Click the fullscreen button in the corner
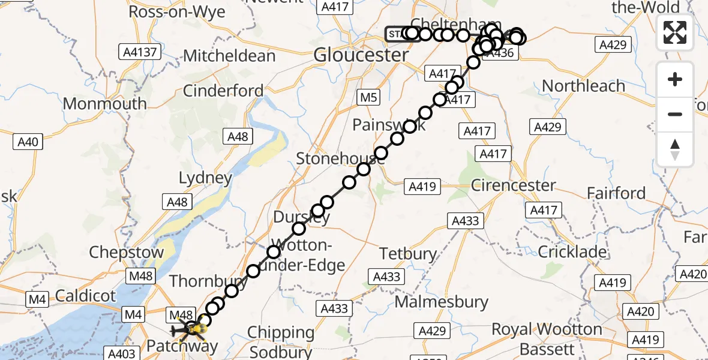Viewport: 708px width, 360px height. pyautogui.click(x=675, y=32)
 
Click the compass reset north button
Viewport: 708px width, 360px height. pyautogui.click(x=675, y=149)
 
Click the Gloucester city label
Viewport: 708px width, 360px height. pyautogui.click(x=361, y=56)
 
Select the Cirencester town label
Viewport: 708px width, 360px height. pyautogui.click(x=514, y=185)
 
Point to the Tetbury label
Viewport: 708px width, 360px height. pyautogui.click(x=409, y=254)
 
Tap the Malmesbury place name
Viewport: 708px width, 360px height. pyautogui.click(x=442, y=301)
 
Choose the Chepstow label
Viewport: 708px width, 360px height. pyautogui.click(x=126, y=253)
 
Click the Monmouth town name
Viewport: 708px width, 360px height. pyautogui.click(x=104, y=104)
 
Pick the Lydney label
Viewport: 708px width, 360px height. pyautogui.click(x=205, y=178)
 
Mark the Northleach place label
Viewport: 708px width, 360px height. pyautogui.click(x=584, y=86)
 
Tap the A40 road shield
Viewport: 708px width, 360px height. pyautogui.click(x=28, y=142)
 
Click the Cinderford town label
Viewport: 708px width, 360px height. pyautogui.click(x=223, y=91)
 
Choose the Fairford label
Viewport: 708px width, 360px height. pyautogui.click(x=616, y=193)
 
